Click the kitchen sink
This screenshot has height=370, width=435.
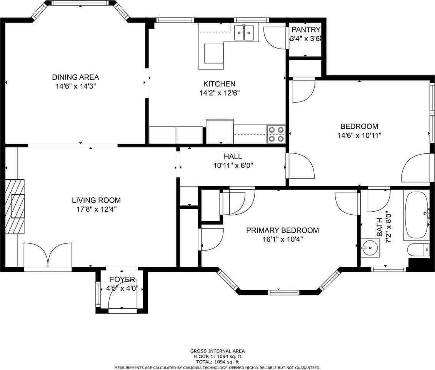[244, 33]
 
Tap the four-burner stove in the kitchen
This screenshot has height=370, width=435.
[276, 134]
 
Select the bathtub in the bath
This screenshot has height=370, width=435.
[417, 216]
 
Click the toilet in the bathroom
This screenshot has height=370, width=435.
[418, 250]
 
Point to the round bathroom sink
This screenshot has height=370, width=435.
[370, 248]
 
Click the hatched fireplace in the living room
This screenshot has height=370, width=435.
[15, 207]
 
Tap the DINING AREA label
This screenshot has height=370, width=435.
[75, 77]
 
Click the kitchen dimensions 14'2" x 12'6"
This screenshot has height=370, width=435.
[220, 93]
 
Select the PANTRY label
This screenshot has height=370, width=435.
[306, 29]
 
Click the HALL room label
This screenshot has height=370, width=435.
[233, 156]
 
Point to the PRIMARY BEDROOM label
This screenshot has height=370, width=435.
[282, 230]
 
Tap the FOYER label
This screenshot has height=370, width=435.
[122, 279]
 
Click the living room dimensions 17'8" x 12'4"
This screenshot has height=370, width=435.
[96, 209]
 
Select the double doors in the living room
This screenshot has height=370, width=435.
[48, 255]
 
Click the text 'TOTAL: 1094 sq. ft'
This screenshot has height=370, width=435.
[217, 362]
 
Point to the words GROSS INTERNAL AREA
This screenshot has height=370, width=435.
[217, 351]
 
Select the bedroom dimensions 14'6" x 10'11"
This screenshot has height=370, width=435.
[359, 135]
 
